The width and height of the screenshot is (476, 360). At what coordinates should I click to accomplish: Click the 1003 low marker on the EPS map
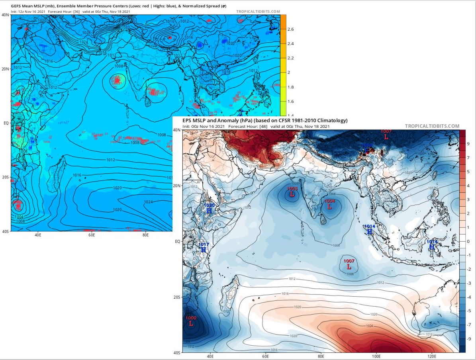pyautogui.click(x=292, y=192)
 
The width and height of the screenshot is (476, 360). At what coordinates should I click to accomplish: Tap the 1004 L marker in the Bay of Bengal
pyautogui.click(x=329, y=204)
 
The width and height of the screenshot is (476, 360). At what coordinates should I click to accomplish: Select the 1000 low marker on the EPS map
pyautogui.click(x=191, y=321)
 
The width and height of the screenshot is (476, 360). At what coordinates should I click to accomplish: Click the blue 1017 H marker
pyautogui.click(x=204, y=247)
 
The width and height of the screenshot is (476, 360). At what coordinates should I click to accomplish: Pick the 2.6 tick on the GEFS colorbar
pyautogui.click(x=291, y=29)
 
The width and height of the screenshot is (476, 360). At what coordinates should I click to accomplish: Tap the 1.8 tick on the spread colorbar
pyautogui.click(x=291, y=87)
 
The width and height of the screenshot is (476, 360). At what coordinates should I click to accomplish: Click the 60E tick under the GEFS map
pyautogui.click(x=92, y=235)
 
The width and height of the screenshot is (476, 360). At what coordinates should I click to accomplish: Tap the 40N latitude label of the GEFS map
pyautogui.click(x=6, y=15)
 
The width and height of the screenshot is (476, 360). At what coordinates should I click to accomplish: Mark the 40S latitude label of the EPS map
pyautogui.click(x=177, y=352)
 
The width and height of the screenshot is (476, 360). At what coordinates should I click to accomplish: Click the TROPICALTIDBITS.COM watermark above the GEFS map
pyautogui.click(x=258, y=12)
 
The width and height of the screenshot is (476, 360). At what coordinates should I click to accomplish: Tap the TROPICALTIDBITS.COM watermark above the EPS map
pyautogui.click(x=432, y=126)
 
